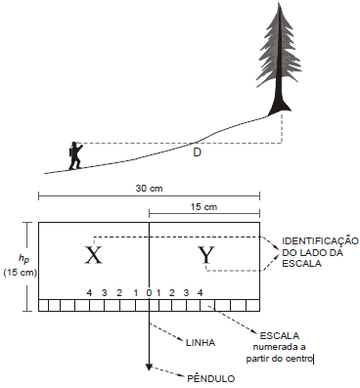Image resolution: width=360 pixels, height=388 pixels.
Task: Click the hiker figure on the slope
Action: point(75,155)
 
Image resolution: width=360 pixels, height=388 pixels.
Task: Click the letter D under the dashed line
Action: point(197,151)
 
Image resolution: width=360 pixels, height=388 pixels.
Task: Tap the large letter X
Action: point(94,255)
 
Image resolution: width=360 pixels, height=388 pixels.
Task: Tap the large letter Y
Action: point(206,255)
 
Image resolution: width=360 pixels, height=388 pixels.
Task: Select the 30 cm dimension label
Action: point(149,189)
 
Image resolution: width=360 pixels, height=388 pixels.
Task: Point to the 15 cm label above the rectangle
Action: point(203,207)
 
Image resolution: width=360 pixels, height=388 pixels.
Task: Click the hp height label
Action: point(23,258)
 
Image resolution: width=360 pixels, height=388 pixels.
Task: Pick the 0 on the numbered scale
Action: point(149,293)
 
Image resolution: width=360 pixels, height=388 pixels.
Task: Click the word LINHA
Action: point(201,343)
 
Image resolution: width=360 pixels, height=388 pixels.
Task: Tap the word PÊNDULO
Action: point(211,379)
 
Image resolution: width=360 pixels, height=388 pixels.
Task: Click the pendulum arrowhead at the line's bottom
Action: point(149,367)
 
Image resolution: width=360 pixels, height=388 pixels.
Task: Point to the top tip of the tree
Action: point(279,3)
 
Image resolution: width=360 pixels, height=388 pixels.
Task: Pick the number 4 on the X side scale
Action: point(89,293)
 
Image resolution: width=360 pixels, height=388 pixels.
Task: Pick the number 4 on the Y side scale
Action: point(201,293)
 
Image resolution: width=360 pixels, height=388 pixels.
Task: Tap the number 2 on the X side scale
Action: point(119,293)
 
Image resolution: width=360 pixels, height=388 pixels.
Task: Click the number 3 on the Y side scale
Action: point(186,293)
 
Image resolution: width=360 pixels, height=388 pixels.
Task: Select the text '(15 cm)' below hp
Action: point(20,273)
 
